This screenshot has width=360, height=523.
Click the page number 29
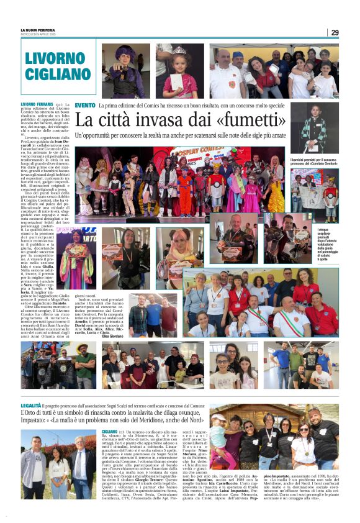point(335,32)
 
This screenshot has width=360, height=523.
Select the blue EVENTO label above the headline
point(84,106)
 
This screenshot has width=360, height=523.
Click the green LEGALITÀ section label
point(31,405)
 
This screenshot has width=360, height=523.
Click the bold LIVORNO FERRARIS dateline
point(37,104)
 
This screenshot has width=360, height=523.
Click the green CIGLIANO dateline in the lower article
point(109,430)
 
